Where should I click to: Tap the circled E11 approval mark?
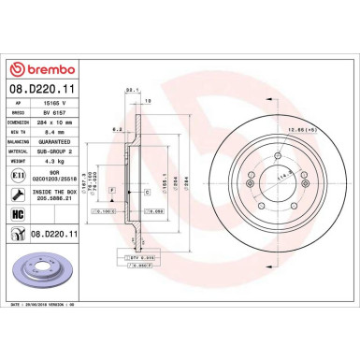[x=20, y=174]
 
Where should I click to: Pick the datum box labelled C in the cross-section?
[x=147, y=191]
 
